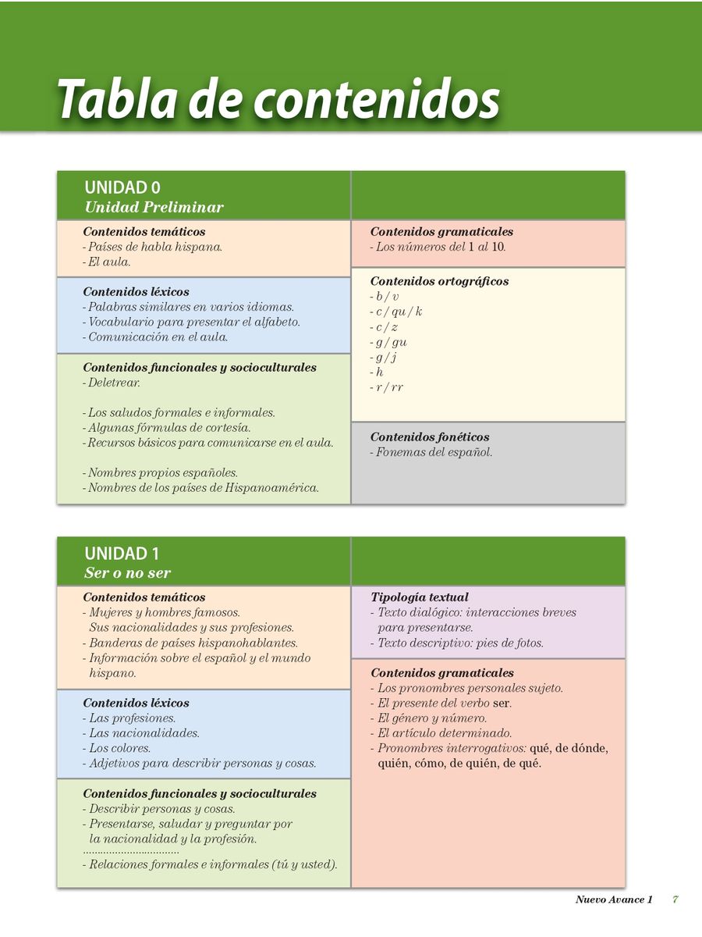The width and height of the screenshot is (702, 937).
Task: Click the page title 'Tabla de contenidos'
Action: pos(278,98)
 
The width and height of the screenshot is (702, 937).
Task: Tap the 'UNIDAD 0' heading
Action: pos(122,187)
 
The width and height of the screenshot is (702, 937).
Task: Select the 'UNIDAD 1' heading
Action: pos(122,554)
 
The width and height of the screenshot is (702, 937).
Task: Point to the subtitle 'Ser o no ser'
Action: pos(127,573)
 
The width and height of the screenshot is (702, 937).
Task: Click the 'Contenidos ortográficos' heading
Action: pos(439,281)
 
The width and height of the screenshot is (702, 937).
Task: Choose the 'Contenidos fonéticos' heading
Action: pos(430,437)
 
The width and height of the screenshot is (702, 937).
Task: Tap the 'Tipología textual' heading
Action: pos(420,597)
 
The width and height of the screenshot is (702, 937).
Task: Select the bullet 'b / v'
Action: pos(386,297)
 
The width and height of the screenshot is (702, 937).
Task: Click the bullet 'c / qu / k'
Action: pos(398,312)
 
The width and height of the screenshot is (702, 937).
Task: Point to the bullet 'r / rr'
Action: pos(388,387)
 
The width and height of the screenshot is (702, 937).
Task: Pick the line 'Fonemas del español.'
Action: pos(433,452)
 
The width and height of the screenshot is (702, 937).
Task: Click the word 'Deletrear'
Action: pos(113,383)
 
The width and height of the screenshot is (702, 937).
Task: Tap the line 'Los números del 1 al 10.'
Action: pos(441,247)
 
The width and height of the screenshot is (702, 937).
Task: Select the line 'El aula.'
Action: pos(108,262)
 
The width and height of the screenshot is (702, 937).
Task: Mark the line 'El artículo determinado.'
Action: pos(444,733)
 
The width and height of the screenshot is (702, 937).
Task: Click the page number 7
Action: pos(675,900)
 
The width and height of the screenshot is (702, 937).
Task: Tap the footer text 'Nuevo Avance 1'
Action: pos(614,900)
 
